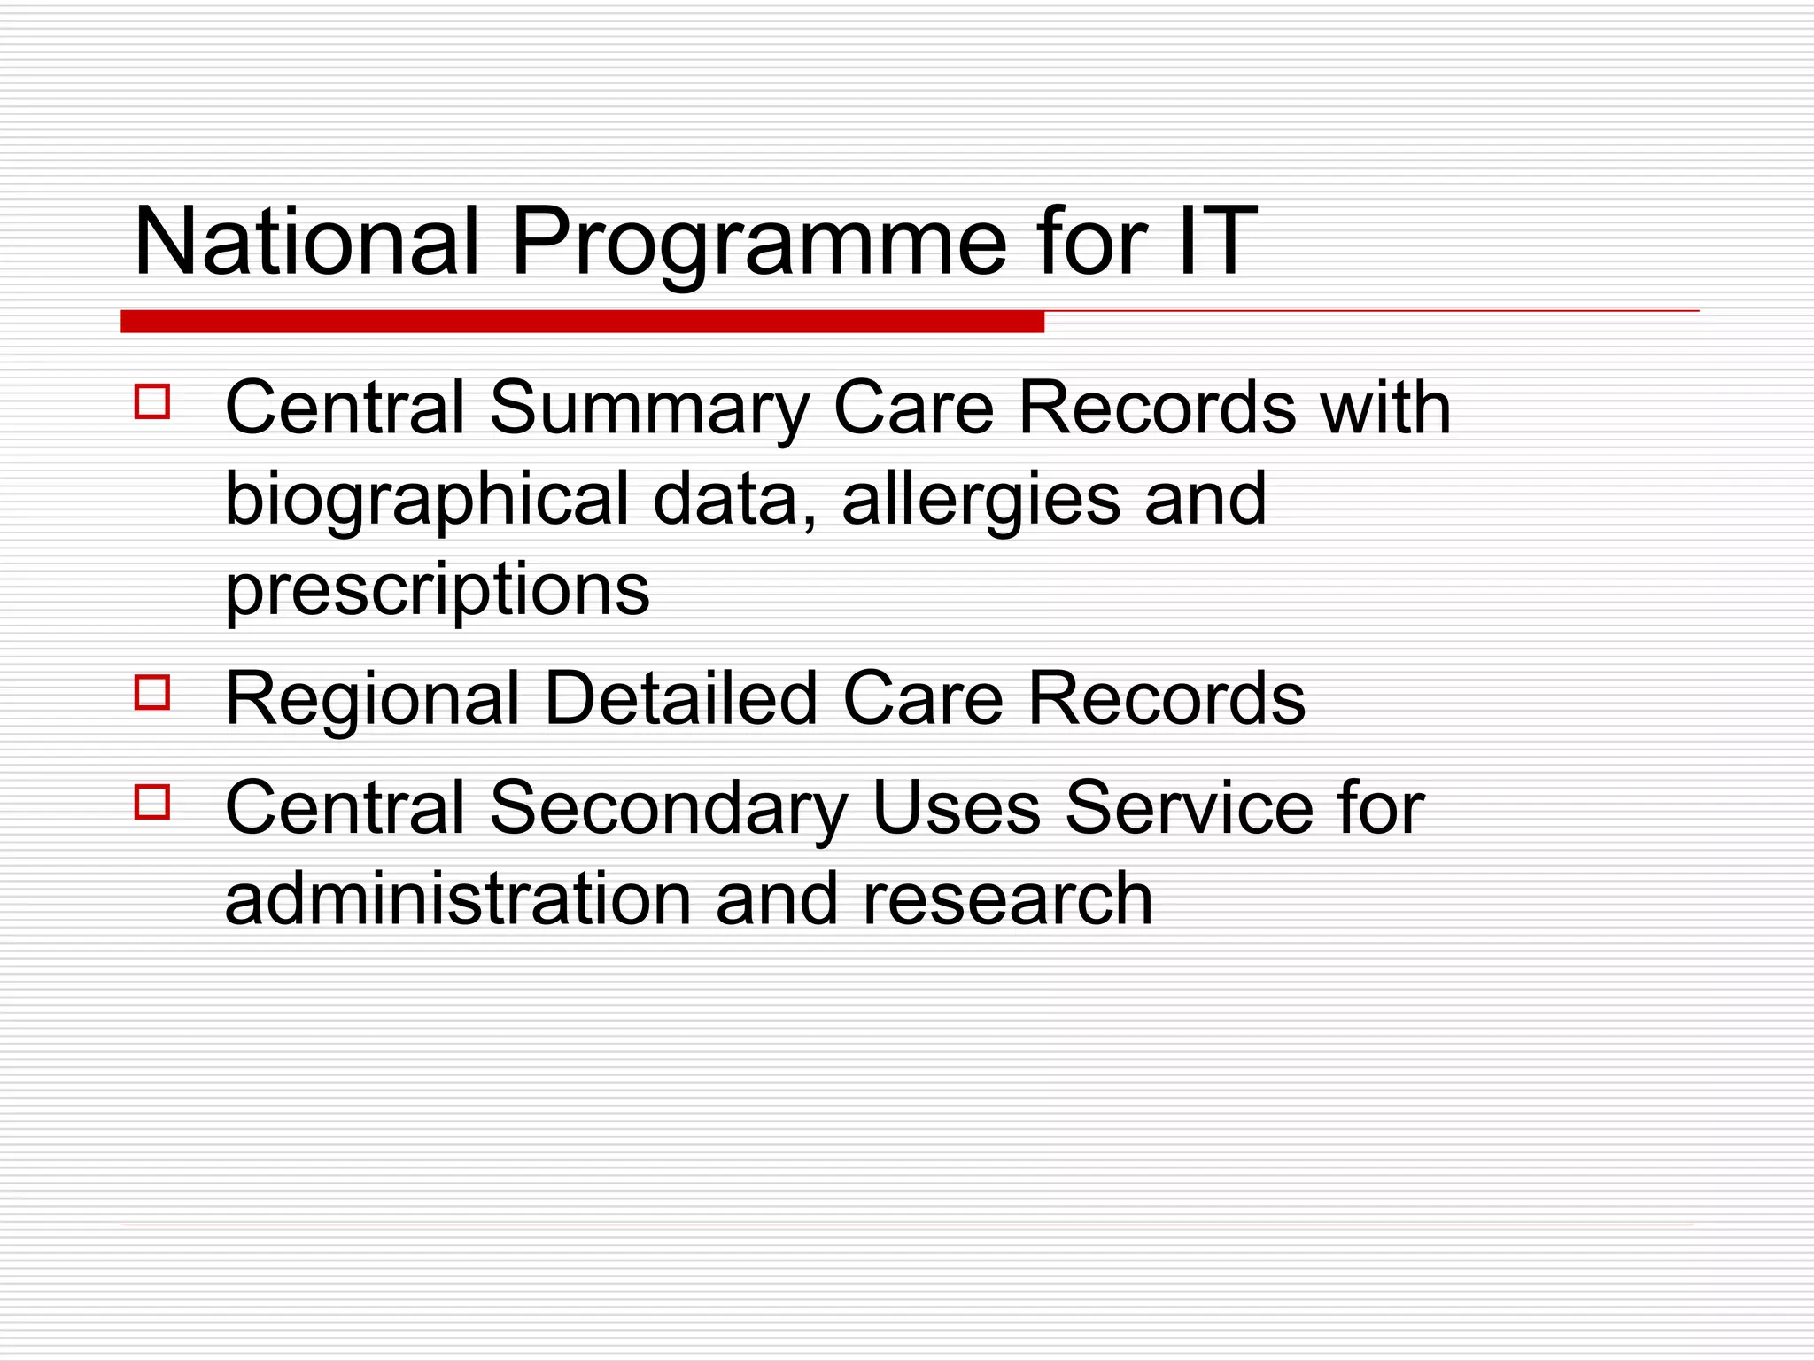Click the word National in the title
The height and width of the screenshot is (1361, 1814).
tap(306, 241)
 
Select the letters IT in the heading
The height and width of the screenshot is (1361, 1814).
tap(1217, 241)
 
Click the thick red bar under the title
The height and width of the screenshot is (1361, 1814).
tap(582, 322)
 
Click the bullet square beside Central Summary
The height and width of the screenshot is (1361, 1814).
tap(152, 401)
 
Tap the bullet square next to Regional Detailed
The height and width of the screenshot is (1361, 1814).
tap(152, 693)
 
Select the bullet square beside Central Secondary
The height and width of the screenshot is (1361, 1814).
tap(152, 802)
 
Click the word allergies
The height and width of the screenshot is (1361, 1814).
tap(981, 499)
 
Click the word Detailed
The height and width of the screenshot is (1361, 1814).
tap(680, 698)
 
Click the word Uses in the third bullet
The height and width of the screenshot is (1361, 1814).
tap(956, 807)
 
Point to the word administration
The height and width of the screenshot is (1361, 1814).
tap(457, 898)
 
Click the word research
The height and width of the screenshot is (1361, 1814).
tap(1007, 898)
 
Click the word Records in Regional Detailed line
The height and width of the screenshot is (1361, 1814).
tap(1166, 698)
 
